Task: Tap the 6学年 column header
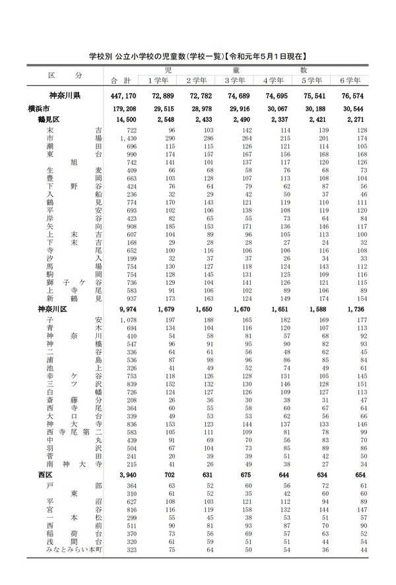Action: pyautogui.click(x=350, y=80)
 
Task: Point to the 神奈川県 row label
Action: pyautogui.click(x=65, y=96)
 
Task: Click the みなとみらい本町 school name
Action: pyautogui.click(x=72, y=549)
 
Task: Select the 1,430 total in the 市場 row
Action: pyautogui.click(x=124, y=140)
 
